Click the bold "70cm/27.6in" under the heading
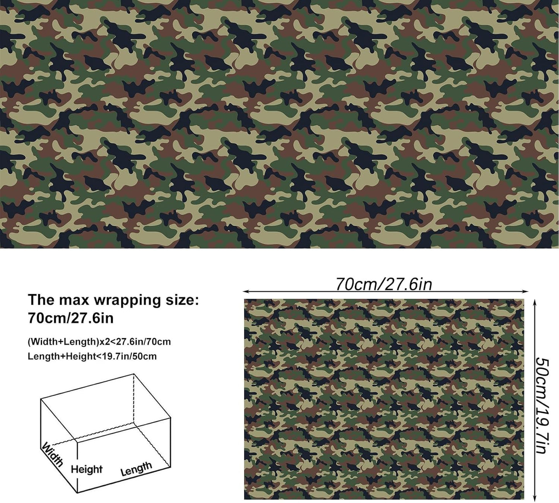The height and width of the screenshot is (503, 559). click(70, 318)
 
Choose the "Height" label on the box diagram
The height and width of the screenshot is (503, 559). click(87, 469)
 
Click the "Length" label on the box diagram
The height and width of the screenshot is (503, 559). click(136, 469)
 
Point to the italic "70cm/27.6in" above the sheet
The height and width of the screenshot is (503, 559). click(383, 284)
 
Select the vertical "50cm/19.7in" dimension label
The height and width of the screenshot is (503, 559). click(541, 405)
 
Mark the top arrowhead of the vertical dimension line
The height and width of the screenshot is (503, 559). click(535, 300)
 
